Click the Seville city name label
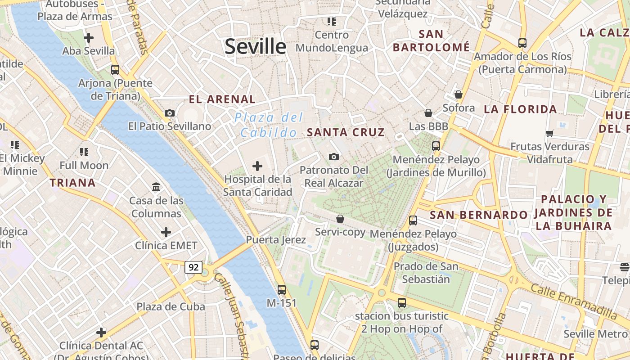tap(255, 46)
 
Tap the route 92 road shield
tap(193, 267)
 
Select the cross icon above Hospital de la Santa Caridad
tap(257, 166)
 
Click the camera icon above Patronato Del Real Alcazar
tap(333, 157)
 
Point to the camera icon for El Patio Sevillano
tap(170, 113)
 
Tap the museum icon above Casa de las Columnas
tap(156, 187)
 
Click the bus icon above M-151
tap(282, 289)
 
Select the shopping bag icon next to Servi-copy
tap(340, 219)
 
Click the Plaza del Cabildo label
tap(269, 125)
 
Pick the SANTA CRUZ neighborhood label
tap(346, 132)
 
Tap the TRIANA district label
tap(72, 183)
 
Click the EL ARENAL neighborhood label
tap(222, 99)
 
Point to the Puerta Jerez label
tap(275, 240)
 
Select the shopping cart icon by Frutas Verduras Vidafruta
tap(549, 133)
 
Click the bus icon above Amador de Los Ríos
tap(522, 43)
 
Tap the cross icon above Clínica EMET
tap(166, 232)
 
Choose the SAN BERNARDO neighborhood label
tap(478, 215)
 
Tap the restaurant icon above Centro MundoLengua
tap(332, 22)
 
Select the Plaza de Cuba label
tap(171, 306)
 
